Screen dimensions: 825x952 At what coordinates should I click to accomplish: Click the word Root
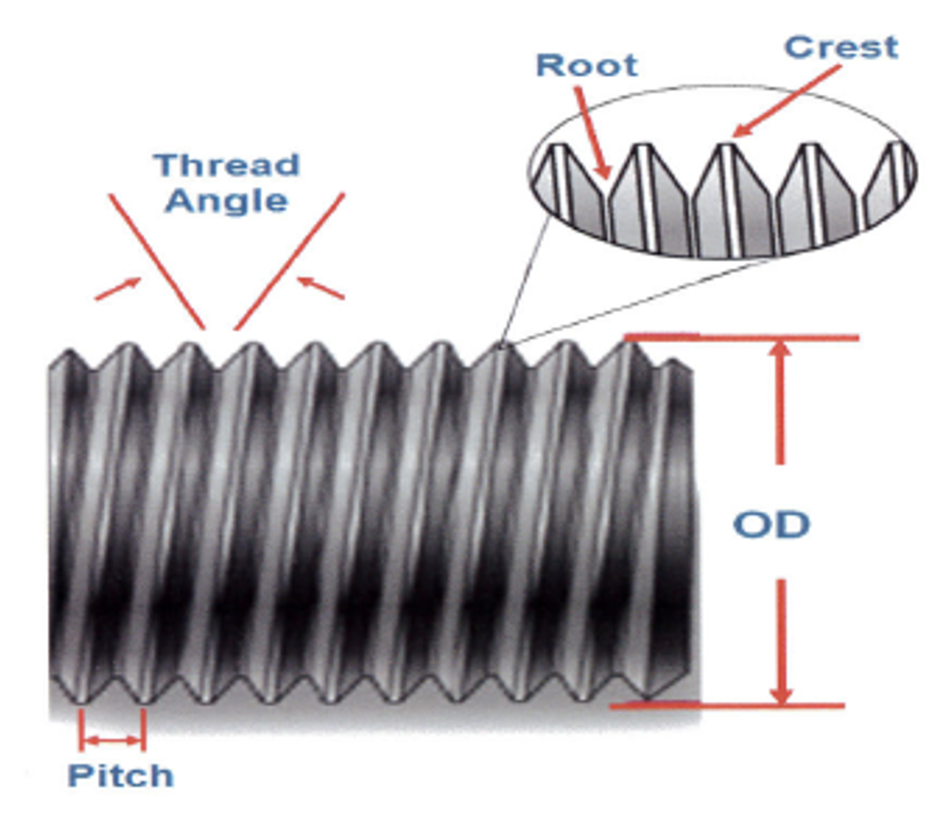pos(586,65)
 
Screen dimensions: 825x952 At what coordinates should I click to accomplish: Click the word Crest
pos(840,46)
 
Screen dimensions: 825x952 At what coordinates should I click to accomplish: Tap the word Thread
pos(227,165)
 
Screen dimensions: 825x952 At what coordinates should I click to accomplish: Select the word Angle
pos(227,200)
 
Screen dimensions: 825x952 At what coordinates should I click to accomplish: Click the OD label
pos(771,525)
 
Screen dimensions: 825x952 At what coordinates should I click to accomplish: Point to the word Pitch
pos(121,775)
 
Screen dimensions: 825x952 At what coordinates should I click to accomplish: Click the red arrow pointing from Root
pos(591,133)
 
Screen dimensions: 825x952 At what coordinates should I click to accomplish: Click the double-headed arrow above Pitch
pos(112,740)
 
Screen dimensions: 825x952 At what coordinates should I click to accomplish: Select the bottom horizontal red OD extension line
pos(727,706)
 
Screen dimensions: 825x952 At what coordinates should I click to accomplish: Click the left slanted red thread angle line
pos(157,261)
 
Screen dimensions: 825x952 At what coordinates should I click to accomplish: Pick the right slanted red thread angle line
pos(289,261)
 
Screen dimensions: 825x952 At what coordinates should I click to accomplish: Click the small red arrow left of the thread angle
pos(118,288)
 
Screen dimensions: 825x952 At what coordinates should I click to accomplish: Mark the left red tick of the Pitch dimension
pos(81,729)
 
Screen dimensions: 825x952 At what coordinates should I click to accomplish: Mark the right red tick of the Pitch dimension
pos(143,729)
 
